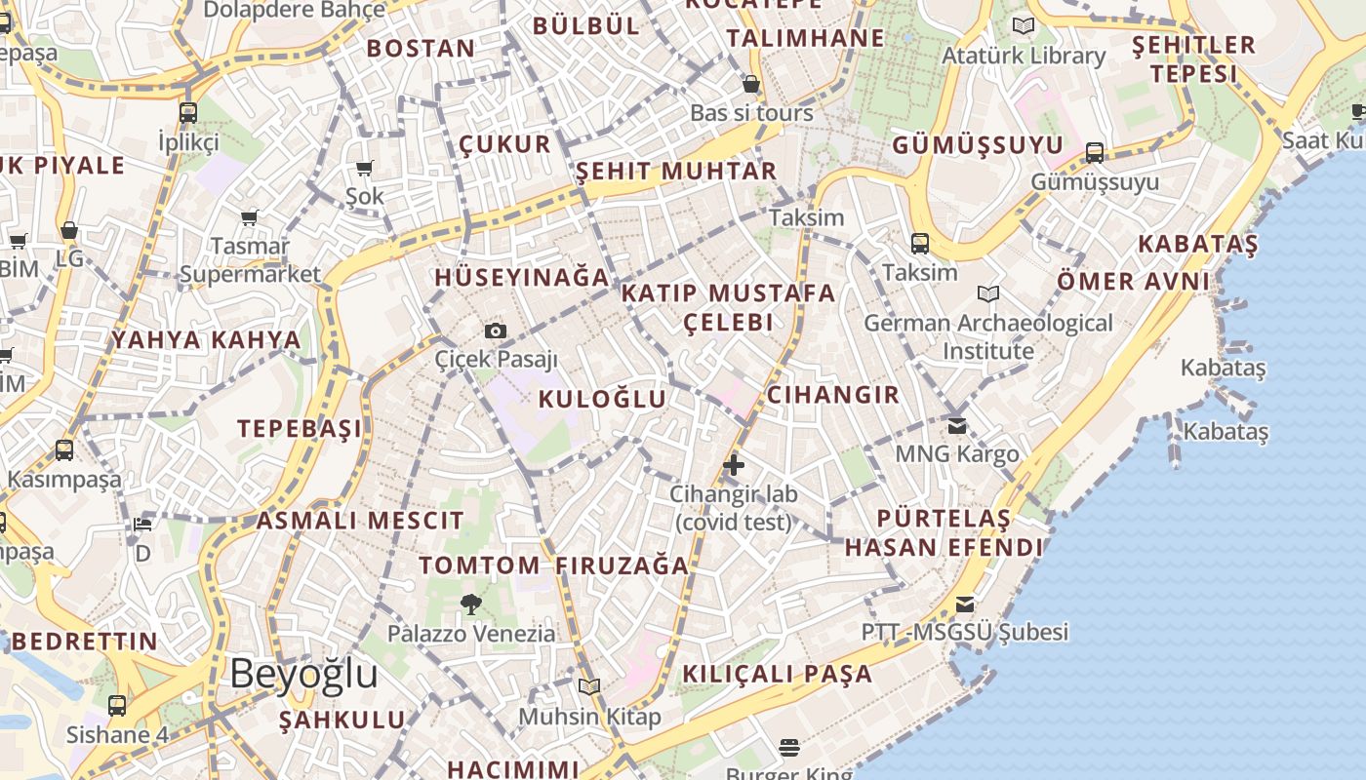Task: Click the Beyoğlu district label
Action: click(303, 674)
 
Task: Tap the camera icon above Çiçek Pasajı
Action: click(496, 331)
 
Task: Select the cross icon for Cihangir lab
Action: click(734, 465)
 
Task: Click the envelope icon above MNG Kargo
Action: click(956, 425)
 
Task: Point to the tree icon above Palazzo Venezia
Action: click(471, 604)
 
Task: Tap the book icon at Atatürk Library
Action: click(1024, 26)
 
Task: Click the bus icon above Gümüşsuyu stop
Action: click(1095, 152)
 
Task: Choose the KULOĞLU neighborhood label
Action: click(602, 399)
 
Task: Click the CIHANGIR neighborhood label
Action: click(832, 395)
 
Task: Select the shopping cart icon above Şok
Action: click(365, 168)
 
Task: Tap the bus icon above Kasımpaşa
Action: click(64, 449)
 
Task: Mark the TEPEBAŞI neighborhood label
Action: click(300, 429)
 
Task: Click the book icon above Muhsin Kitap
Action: click(588, 687)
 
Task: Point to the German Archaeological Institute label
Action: click(987, 336)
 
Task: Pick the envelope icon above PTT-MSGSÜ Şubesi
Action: click(965, 604)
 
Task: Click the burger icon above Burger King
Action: click(789, 748)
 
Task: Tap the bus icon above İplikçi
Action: click(188, 112)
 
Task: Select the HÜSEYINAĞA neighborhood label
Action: click(522, 278)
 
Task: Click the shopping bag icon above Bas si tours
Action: click(751, 84)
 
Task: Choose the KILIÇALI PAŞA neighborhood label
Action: click(777, 674)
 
